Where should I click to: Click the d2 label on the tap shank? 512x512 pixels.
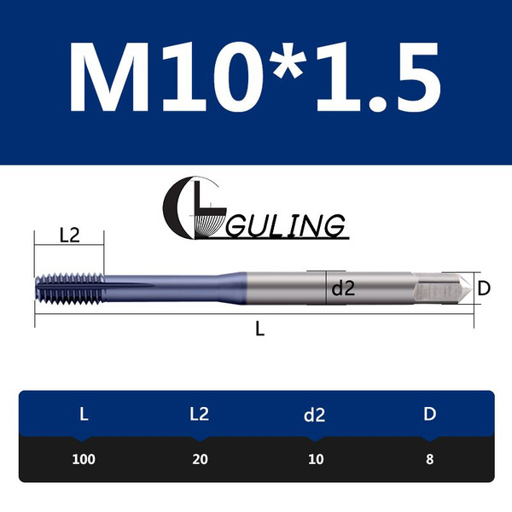[342, 288]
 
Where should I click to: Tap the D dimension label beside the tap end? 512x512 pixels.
[484, 288]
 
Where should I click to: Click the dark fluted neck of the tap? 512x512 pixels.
[171, 288]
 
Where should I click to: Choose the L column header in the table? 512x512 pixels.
[83, 416]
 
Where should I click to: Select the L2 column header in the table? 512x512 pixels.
[199, 416]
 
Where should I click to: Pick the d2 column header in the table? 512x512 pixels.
[315, 416]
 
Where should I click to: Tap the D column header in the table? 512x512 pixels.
[430, 416]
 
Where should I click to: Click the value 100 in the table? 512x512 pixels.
[83, 459]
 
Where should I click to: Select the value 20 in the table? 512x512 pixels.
[199, 459]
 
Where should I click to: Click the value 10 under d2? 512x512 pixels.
[315, 459]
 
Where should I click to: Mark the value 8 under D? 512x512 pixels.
[430, 459]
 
